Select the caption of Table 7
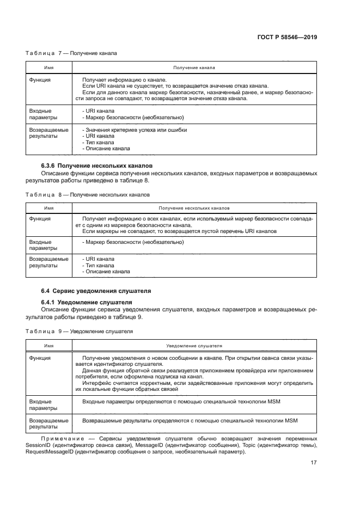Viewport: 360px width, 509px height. [x=71, y=53]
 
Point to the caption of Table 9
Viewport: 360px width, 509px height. [x=79, y=331]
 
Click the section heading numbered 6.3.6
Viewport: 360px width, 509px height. [x=97, y=165]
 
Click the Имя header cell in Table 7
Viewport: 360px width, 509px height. [x=48, y=68]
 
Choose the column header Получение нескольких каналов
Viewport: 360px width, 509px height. [x=194, y=208]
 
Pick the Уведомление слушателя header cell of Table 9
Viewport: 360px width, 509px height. [x=194, y=346]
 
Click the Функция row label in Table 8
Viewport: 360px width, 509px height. [x=40, y=219]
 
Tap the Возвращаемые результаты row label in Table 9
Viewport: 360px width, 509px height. [x=48, y=424]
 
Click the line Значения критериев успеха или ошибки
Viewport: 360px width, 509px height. [x=135, y=130]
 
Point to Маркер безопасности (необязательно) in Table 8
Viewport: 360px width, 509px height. [x=133, y=242]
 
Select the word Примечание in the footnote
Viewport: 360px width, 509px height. [x=62, y=438]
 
